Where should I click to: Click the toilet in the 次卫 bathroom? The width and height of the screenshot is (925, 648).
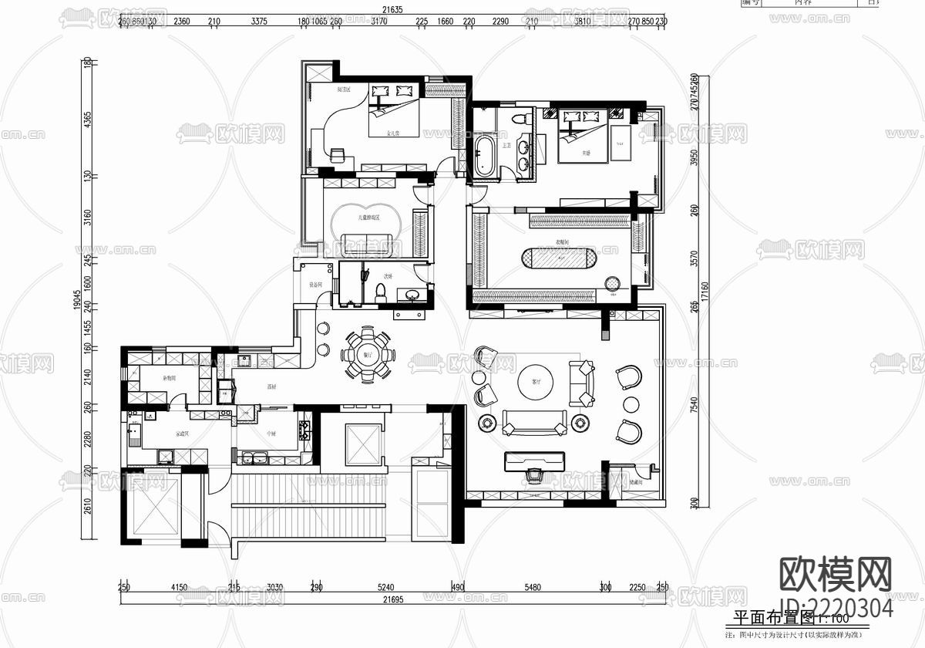tap(378, 293)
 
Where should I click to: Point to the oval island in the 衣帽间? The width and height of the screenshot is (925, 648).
tap(557, 258)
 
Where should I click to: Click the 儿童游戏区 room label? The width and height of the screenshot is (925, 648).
tap(368, 218)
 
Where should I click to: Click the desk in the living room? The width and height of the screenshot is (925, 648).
tap(533, 461)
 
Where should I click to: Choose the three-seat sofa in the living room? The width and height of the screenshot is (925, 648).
tap(534, 422)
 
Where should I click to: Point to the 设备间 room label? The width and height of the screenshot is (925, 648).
tap(315, 284)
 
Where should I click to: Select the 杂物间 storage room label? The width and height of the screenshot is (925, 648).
tap(169, 379)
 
